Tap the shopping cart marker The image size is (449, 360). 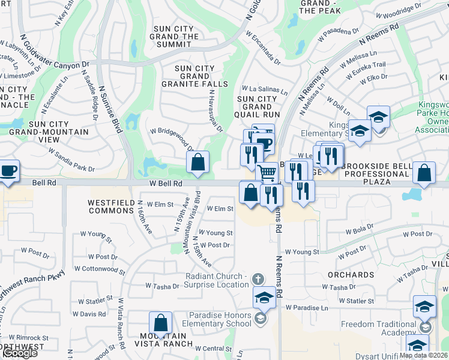point(267,172)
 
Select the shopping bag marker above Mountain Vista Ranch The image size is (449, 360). point(160,323)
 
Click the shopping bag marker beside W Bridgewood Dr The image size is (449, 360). point(197,161)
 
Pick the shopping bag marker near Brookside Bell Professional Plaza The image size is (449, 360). point(424,173)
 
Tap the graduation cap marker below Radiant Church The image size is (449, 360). point(265,297)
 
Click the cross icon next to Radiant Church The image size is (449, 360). point(259,278)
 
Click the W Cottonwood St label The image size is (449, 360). point(101,271)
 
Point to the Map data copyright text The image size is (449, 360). point(423,355)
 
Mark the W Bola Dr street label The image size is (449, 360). point(360,228)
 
